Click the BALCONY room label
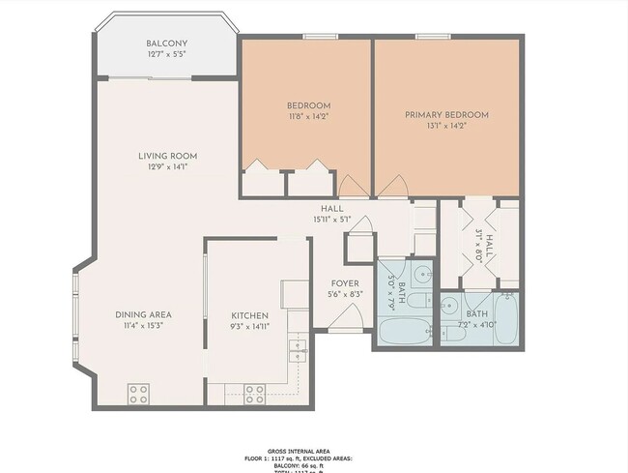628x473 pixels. click(166, 44)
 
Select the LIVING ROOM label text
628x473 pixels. click(167, 156)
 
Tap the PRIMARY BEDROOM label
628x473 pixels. click(446, 115)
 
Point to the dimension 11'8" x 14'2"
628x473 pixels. click(309, 117)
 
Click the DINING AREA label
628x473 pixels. click(143, 315)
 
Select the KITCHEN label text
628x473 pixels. click(249, 315)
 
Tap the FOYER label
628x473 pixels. click(345, 282)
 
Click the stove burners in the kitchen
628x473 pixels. click(255, 394)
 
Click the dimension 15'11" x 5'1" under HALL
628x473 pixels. click(332, 220)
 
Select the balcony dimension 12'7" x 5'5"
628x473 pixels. click(166, 55)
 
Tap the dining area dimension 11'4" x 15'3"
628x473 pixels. click(143, 326)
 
